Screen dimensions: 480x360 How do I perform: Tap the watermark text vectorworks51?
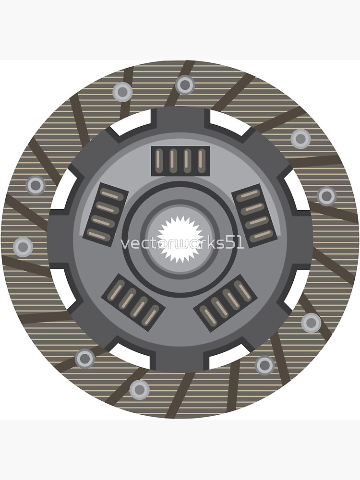(182, 243)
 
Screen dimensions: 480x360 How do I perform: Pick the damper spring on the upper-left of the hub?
(105, 213)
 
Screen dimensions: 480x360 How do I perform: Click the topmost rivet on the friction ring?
(185, 85)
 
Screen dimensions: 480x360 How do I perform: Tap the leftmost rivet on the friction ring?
(23, 247)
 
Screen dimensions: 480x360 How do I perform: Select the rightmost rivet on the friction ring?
(326, 195)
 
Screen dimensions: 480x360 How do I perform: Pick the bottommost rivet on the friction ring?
(139, 390)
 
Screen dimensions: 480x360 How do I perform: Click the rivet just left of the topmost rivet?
(122, 91)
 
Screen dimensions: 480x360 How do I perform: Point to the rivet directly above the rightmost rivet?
(300, 139)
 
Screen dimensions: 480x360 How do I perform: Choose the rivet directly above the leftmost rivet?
(36, 185)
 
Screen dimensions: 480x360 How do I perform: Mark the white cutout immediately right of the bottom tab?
(226, 356)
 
